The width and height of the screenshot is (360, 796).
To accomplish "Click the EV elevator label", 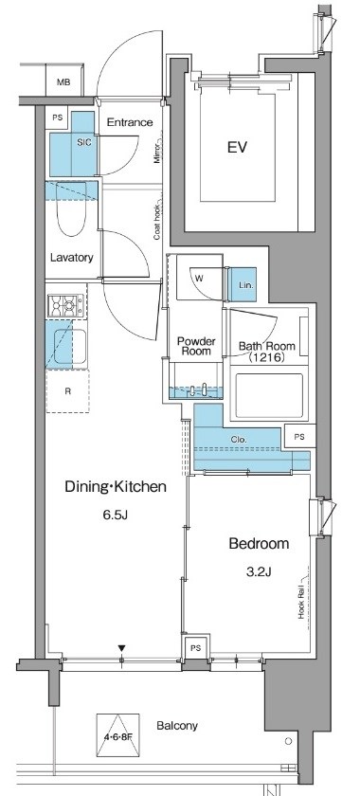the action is tap(237, 148).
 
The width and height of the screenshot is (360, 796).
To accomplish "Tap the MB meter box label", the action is tap(63, 81).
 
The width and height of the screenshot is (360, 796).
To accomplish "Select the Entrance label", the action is tap(130, 122).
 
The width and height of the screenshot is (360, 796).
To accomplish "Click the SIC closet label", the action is tap(84, 143).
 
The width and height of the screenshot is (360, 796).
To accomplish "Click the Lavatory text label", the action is tap(72, 258).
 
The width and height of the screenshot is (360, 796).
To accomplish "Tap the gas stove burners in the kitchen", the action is tap(65, 305).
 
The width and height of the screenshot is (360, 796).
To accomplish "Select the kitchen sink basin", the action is tap(70, 347).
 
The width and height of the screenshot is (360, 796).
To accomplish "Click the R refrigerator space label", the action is tap(67, 390).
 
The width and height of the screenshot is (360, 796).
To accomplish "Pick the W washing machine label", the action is tap(199, 278).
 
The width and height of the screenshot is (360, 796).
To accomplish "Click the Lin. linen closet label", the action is tap(244, 285).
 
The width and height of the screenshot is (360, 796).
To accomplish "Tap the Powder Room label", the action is tap(195, 346).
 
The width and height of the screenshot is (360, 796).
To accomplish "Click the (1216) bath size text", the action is tap(266, 357).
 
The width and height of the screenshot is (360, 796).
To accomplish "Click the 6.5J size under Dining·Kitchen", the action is tap(116, 516).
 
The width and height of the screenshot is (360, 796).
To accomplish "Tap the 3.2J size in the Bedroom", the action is tap(259, 571).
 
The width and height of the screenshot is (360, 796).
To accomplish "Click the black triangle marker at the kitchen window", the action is tap(121, 648).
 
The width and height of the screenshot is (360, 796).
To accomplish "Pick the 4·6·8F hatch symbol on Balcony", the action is tap(117, 734).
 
